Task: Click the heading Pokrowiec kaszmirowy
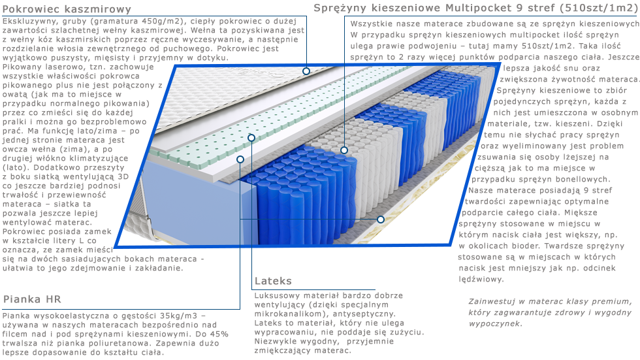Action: tap(67, 9)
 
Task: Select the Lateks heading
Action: tap(273, 281)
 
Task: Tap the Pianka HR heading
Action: tap(32, 299)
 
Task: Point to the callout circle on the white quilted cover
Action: tap(306, 71)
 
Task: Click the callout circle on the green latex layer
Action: tap(251, 138)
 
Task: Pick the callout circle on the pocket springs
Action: tap(344, 150)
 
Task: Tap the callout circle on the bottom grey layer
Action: tap(380, 220)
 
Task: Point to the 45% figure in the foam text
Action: tap(219, 334)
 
